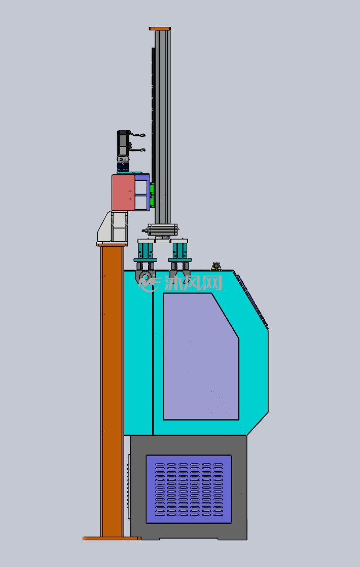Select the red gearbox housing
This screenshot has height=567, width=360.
(123, 193)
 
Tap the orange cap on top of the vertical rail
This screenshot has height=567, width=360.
(160, 28)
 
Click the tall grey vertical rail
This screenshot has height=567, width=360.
(162, 127)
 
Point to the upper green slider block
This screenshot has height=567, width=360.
(152, 188)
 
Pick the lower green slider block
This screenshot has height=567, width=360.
(152, 201)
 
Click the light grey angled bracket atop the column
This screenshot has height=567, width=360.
(112, 227)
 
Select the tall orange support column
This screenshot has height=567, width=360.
(112, 391)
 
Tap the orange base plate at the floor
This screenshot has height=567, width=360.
(112, 539)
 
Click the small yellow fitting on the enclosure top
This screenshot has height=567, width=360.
(216, 267)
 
